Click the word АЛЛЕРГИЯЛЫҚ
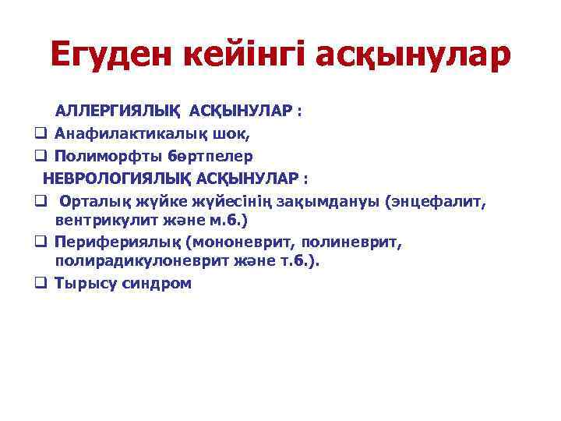(x=117, y=111)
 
